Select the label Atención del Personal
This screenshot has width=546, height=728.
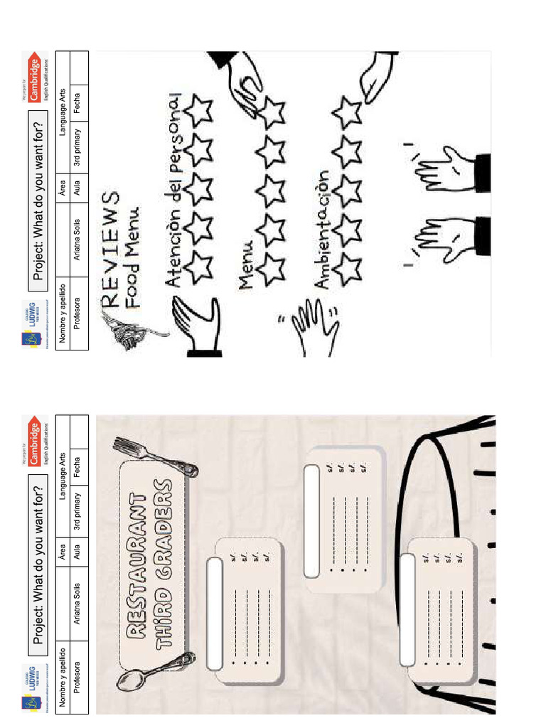click(x=174, y=189)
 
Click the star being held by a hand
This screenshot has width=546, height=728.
click(x=271, y=110)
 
